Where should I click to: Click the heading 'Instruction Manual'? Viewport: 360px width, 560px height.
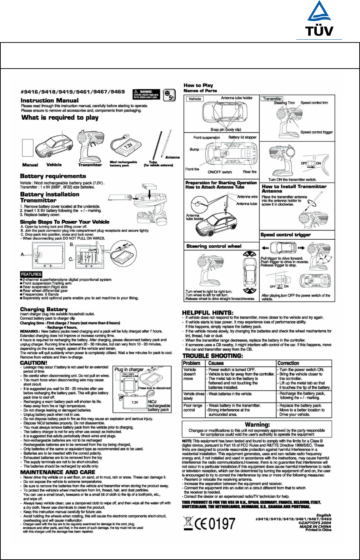50,101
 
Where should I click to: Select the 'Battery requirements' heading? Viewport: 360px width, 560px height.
53,176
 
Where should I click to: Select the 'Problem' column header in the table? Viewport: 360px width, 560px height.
191,363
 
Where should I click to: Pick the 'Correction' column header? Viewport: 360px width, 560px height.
288,363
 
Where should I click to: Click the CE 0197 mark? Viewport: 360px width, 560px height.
215,524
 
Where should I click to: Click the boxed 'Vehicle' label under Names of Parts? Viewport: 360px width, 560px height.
195,99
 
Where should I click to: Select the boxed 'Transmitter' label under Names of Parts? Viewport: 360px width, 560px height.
272,99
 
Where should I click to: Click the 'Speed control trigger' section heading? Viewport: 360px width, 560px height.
286,235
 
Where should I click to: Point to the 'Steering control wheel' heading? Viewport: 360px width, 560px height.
214,246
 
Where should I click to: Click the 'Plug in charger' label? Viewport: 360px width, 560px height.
129,369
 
